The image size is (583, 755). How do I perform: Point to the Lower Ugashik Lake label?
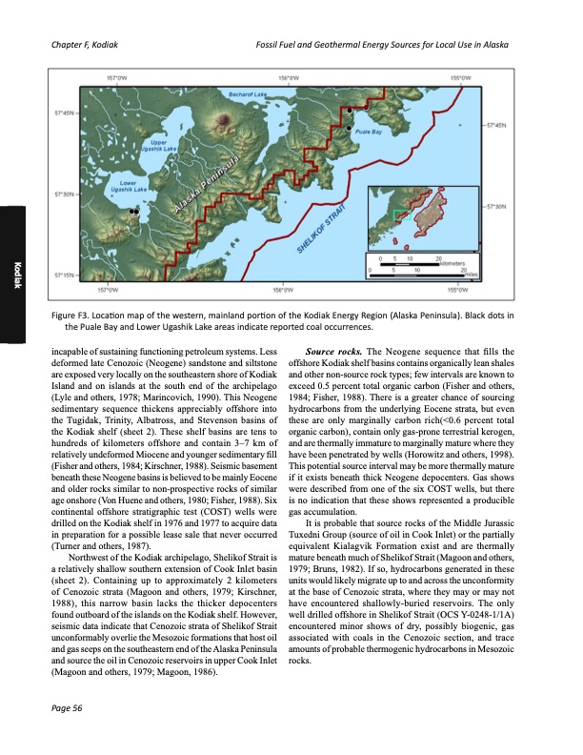click(x=125, y=186)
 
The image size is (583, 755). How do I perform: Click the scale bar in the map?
click(x=417, y=264)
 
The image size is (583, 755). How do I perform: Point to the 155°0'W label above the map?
click(x=460, y=81)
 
